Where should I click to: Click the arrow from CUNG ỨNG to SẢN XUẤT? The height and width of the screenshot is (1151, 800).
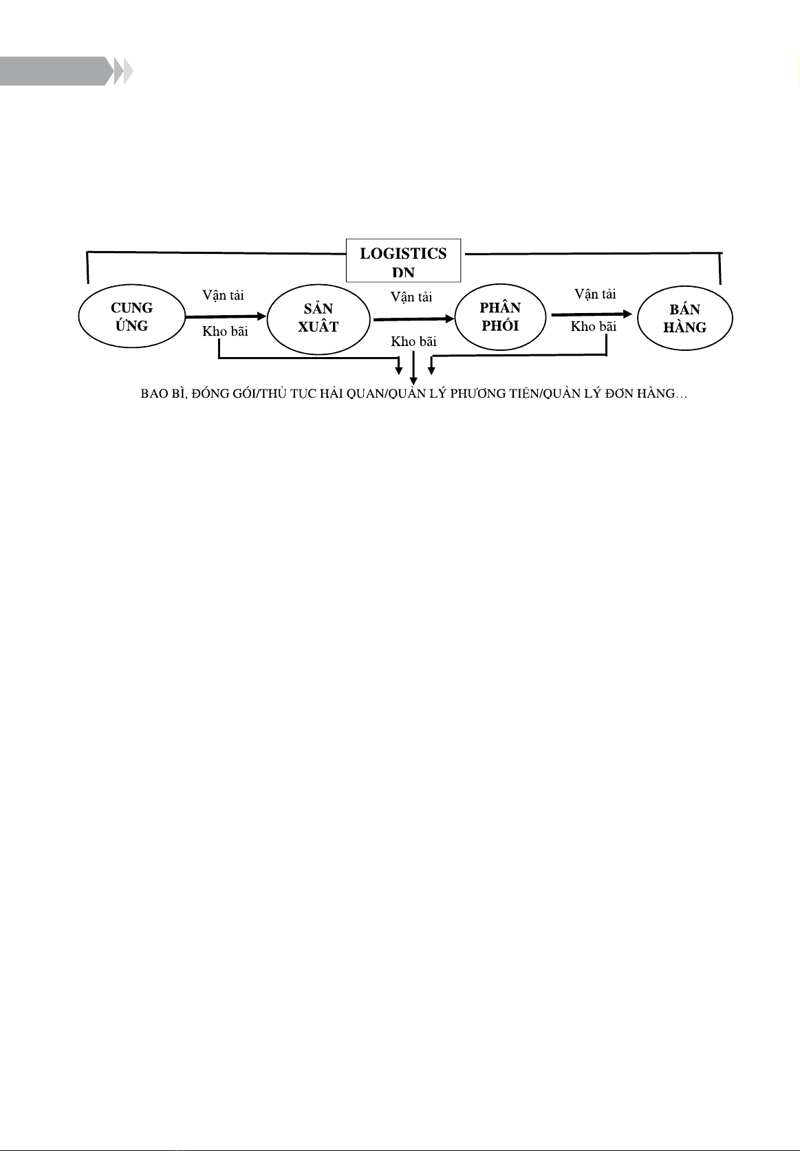click(x=226, y=316)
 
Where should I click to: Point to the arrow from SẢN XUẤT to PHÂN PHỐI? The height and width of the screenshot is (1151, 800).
click(x=413, y=319)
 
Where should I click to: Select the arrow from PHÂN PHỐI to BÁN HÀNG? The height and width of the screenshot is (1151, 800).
click(x=592, y=314)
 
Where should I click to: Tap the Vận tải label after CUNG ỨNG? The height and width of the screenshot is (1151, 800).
click(x=223, y=295)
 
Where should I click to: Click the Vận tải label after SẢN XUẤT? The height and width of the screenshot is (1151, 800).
click(x=411, y=297)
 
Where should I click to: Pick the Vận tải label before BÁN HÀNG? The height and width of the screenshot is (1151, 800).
click(x=595, y=294)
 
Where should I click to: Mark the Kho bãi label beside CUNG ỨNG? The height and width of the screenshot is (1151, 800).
click(x=225, y=331)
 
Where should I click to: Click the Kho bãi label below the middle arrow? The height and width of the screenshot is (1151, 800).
click(x=413, y=341)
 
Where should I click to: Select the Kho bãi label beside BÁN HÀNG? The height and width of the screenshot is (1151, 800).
click(x=594, y=326)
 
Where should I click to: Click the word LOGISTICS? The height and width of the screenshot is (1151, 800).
click(x=403, y=254)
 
